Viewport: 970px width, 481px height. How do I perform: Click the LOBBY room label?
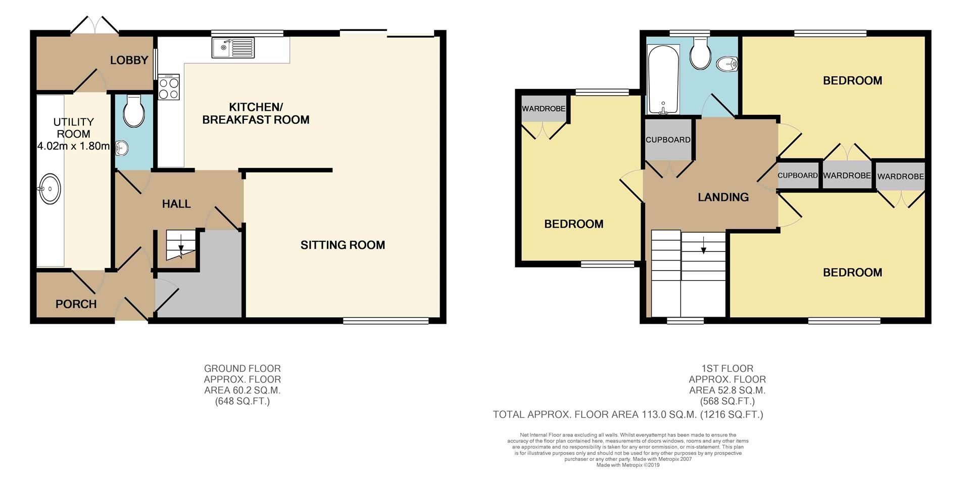[129, 60]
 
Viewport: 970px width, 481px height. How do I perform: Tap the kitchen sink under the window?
[234, 48]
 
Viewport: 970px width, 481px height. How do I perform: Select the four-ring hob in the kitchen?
[168, 87]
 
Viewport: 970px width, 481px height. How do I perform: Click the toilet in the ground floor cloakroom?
[134, 111]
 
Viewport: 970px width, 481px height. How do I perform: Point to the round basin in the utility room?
[50, 189]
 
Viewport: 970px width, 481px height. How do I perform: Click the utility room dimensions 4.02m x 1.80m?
[74, 146]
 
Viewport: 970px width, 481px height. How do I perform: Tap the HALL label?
[176, 204]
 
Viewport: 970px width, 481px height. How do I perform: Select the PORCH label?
[76, 304]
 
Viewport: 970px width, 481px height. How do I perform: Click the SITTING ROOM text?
[343, 245]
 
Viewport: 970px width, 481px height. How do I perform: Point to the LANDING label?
[723, 197]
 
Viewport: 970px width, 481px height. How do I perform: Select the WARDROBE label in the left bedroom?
[544, 109]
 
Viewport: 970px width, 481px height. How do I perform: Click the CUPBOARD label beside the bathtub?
[668, 140]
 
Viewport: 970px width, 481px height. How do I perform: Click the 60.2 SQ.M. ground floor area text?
[243, 390]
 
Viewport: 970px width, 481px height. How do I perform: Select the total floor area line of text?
[628, 415]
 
